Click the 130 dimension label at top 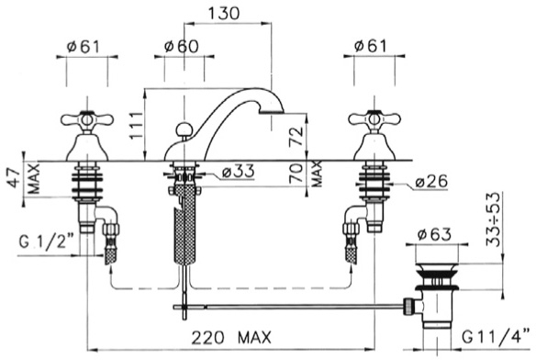point(224,13)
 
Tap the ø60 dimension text point(181,46)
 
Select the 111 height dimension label point(136,125)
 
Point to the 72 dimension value point(296,136)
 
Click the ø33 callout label point(239,171)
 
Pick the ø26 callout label point(431,181)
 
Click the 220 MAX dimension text point(231,338)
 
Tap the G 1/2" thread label point(47,242)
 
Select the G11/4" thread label point(497,337)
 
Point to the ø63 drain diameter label point(434,234)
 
